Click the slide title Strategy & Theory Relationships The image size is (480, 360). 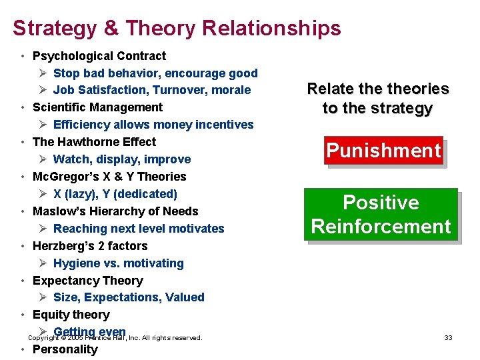point(177,28)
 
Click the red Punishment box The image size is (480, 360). point(383,151)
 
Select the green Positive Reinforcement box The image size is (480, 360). point(381,215)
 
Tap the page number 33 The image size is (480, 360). point(448,338)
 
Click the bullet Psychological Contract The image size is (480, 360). point(99,56)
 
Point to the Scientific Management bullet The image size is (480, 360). point(97,107)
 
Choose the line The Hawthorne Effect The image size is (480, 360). point(94,142)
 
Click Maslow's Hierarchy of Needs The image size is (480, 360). point(115,211)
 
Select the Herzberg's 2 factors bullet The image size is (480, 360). point(90,246)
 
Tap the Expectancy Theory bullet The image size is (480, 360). point(87,281)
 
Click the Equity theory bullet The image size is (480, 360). point(71,315)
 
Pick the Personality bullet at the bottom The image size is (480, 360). point(65,350)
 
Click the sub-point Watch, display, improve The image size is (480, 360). point(122,159)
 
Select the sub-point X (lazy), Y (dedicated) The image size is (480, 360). point(115,194)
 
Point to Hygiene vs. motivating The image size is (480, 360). point(118,263)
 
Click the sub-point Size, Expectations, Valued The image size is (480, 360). point(129,297)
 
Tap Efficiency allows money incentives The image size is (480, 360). point(153,125)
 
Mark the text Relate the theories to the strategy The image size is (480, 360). point(377,99)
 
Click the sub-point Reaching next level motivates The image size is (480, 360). point(139,229)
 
